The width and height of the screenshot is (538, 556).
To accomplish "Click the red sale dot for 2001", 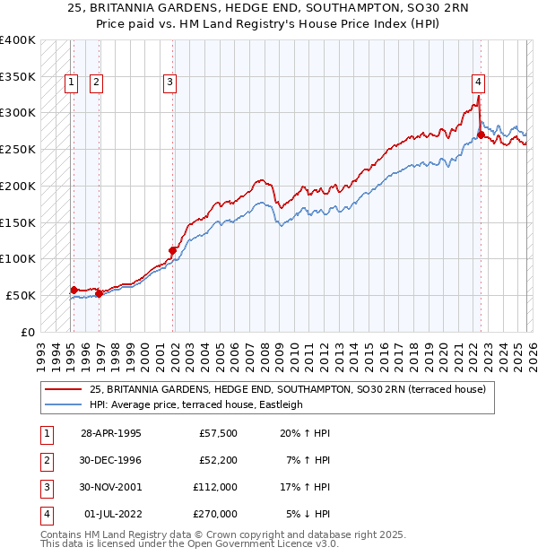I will click(x=173, y=250).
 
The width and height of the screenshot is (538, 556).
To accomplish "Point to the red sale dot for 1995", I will click(x=74, y=290).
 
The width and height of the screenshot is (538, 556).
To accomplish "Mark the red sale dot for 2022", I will click(x=481, y=135).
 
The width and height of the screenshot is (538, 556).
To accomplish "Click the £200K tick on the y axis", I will click(x=18, y=186).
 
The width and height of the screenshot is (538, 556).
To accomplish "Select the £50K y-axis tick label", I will click(x=22, y=295).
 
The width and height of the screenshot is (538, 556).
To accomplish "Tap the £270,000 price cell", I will click(x=214, y=514).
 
